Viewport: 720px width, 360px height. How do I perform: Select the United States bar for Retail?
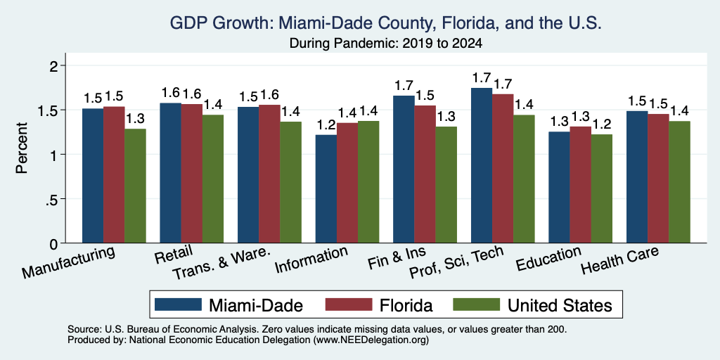pyautogui.click(x=213, y=179)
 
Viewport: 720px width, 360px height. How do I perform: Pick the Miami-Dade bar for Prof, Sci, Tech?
pyautogui.click(x=482, y=165)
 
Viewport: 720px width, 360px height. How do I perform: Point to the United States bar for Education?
pyautogui.click(x=602, y=188)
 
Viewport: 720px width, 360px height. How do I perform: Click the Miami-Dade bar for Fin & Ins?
pyautogui.click(x=404, y=169)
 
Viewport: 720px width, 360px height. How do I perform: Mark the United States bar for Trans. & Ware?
pyautogui.click(x=290, y=182)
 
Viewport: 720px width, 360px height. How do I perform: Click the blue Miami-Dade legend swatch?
pyautogui.click(x=178, y=304)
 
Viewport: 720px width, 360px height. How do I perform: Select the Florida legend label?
pyautogui.click(x=406, y=305)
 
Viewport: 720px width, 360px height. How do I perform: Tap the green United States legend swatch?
pyautogui.click(x=476, y=304)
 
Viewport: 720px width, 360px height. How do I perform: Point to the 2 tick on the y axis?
pyautogui.click(x=63, y=65)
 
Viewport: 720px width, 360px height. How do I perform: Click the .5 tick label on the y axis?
pyautogui.click(x=51, y=199)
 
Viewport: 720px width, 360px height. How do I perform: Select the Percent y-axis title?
pyautogui.click(x=22, y=148)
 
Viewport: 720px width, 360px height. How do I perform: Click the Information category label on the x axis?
pyautogui.click(x=311, y=259)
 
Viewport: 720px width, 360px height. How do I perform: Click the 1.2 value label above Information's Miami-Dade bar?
pyautogui.click(x=326, y=124)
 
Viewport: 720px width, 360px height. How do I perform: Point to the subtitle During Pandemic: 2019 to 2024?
pyautogui.click(x=386, y=44)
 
